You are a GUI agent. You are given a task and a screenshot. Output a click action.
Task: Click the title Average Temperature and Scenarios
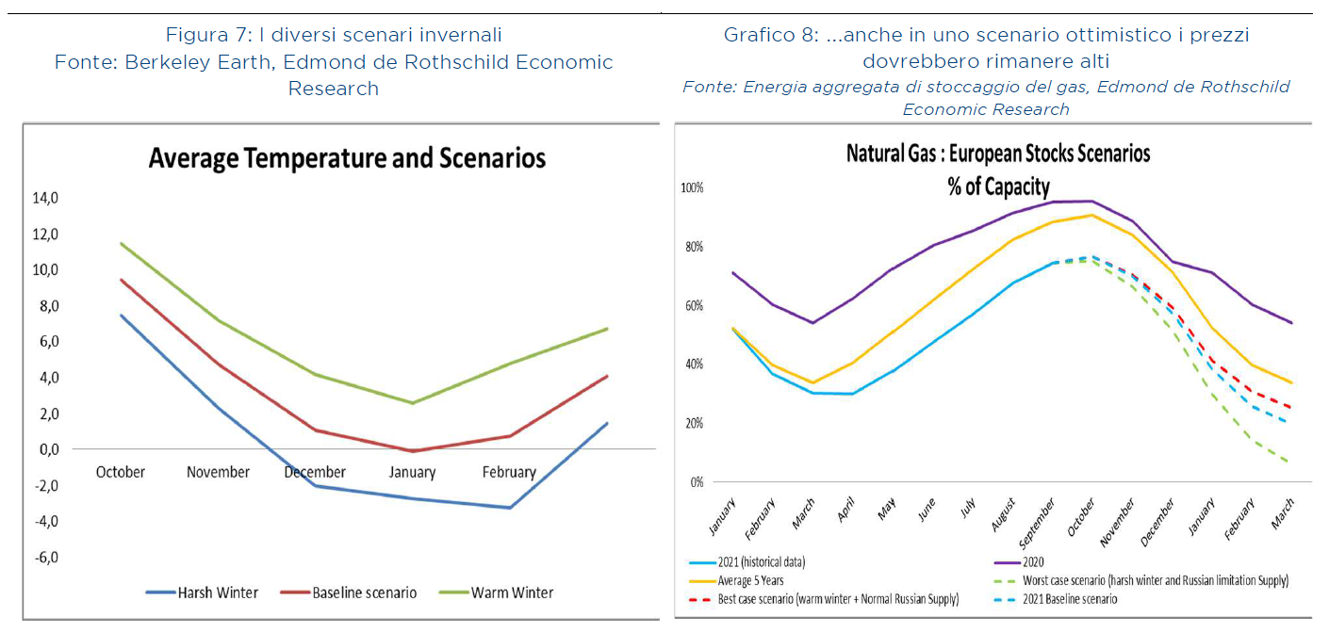[x=347, y=158]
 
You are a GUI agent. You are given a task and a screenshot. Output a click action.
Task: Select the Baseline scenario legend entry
[x=364, y=592]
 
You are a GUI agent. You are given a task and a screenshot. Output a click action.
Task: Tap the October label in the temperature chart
[x=121, y=472]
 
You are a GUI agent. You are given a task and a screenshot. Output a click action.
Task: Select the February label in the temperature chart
[x=508, y=472]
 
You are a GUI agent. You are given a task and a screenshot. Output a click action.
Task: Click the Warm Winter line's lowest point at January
[x=412, y=403]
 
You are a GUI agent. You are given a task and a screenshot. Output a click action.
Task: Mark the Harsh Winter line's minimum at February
[x=509, y=508]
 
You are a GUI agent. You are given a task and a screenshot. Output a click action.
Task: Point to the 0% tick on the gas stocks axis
[x=697, y=482]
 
